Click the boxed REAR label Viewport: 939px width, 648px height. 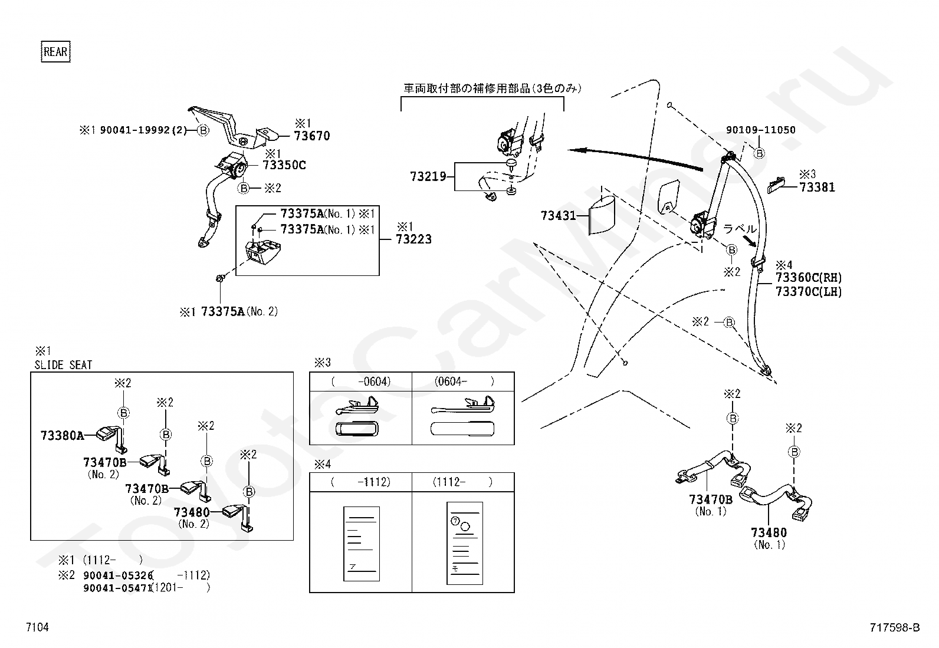pos(55,51)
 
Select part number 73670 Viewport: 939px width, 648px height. pos(312,136)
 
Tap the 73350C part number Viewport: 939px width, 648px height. pos(284,165)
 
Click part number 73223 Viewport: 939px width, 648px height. pos(413,239)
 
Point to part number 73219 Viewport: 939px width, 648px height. pos(428,176)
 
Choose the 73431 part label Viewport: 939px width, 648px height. pos(559,215)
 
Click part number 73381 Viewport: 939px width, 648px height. pos(817,188)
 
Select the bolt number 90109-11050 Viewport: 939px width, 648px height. pos(761,130)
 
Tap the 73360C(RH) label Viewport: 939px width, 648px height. pos(809,278)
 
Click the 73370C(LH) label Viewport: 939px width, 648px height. pos(809,291)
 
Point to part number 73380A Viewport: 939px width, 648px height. pos(62,436)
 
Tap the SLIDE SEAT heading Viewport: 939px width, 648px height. pos(63,365)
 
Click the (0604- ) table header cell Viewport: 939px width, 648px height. pos(463,381)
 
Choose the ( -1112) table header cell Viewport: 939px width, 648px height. pos(361,482)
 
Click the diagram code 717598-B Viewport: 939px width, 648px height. pos(895,627)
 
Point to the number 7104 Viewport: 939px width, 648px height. pos(37,627)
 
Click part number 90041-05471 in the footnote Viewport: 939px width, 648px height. pos(117,588)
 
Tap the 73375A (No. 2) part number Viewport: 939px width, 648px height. pos(239,311)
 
